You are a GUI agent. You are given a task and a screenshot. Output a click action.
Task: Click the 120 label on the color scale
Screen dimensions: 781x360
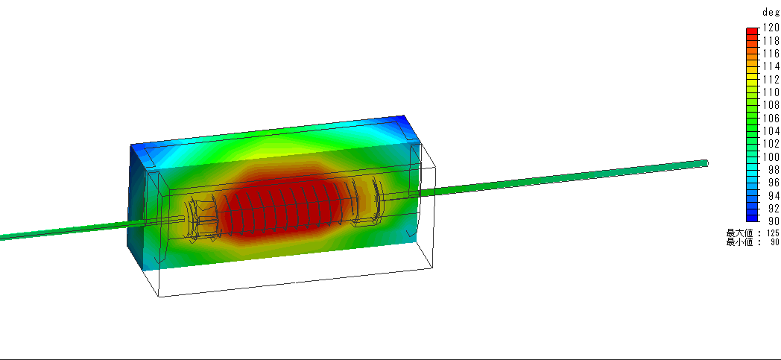pos(771,28)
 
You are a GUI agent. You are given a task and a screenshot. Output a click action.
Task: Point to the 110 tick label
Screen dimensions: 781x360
pos(771,92)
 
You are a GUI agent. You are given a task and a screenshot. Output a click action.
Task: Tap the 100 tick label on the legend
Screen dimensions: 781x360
pos(771,157)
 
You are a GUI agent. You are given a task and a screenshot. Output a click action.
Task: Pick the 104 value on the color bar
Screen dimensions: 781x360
pos(771,131)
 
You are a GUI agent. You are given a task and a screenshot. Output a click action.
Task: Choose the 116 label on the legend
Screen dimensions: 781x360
pos(771,54)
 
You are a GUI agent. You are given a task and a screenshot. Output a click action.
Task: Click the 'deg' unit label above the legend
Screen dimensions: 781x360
pos(771,13)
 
